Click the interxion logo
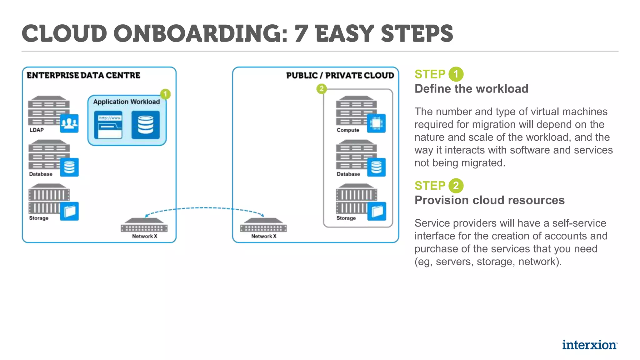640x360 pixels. pyautogui.click(x=589, y=345)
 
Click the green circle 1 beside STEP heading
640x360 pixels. pyautogui.click(x=456, y=74)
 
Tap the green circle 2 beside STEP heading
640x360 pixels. pyautogui.click(x=456, y=186)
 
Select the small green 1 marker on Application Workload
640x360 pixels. pyautogui.click(x=165, y=94)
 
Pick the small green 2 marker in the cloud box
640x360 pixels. pyautogui.click(x=321, y=89)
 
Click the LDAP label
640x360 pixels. pyautogui.click(x=37, y=130)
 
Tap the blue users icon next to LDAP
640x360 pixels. pyautogui.click(x=69, y=123)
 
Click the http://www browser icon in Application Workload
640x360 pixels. pyautogui.click(x=108, y=125)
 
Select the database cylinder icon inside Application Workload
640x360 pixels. pyautogui.click(x=146, y=125)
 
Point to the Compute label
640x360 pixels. pyautogui.click(x=347, y=130)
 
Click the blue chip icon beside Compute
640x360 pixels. pyautogui.click(x=376, y=123)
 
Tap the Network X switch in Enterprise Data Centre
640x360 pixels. pyautogui.click(x=144, y=225)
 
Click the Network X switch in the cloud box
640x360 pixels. pyautogui.click(x=263, y=225)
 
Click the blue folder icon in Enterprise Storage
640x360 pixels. pyautogui.click(x=69, y=212)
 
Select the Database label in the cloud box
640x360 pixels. pyautogui.click(x=348, y=174)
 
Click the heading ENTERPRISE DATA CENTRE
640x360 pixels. pyautogui.click(x=83, y=75)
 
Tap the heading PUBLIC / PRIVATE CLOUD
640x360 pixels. pyautogui.click(x=340, y=75)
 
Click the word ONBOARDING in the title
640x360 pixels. pyautogui.click(x=200, y=33)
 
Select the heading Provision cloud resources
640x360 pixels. pyautogui.click(x=489, y=200)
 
